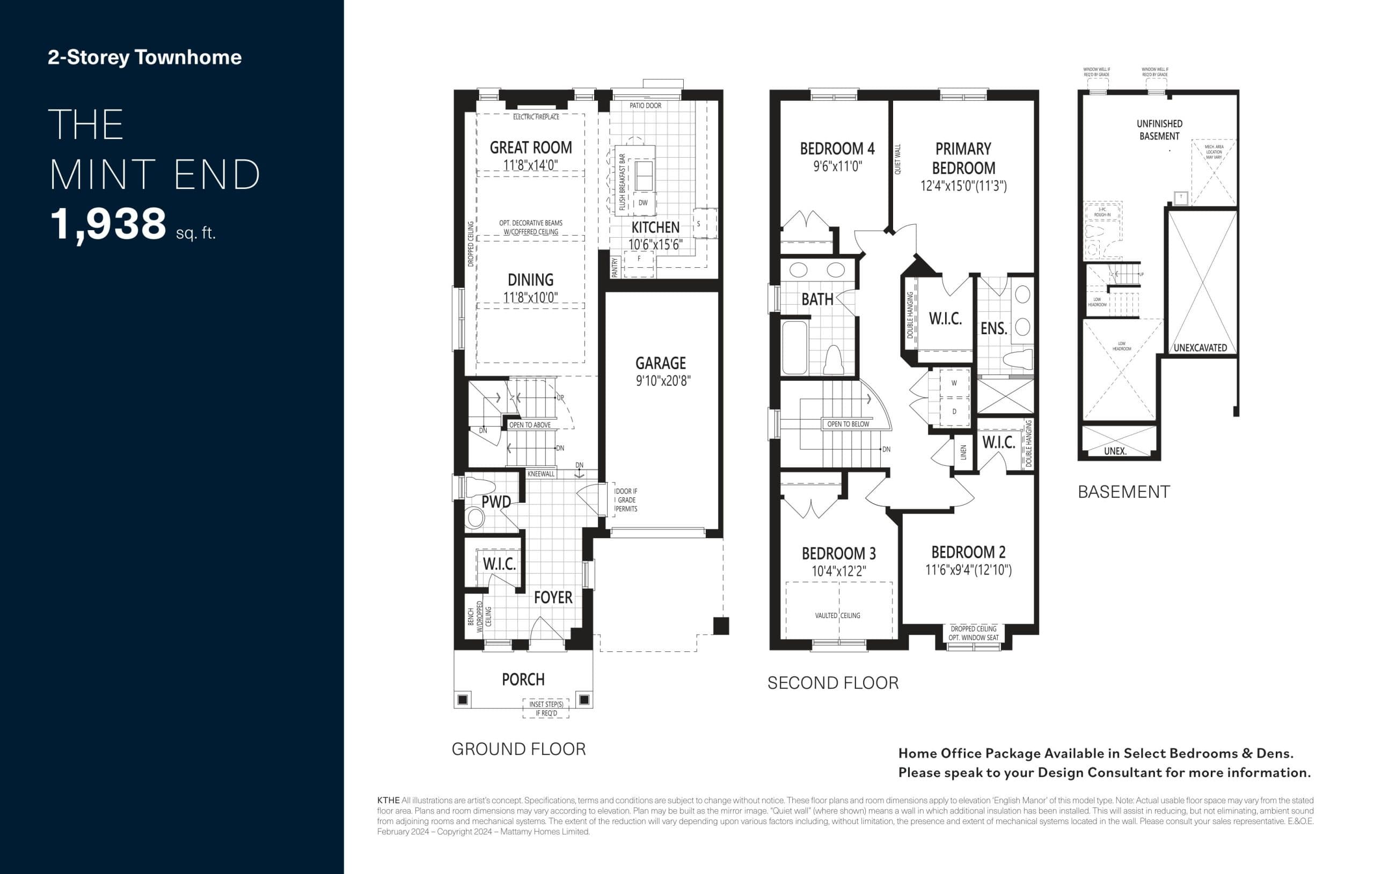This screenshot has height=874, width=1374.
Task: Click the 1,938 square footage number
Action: pos(108,224)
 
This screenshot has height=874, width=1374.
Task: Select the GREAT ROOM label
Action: pos(530,148)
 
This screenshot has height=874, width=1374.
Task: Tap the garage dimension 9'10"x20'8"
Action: pos(663,380)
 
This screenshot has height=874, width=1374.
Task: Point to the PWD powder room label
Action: pos(496,502)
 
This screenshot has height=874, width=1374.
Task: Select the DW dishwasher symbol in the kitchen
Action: pos(642,202)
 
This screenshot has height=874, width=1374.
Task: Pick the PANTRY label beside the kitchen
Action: pos(615,267)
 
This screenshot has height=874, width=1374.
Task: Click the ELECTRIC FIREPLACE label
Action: pos(536,117)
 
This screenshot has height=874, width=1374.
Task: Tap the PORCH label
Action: pos(523,679)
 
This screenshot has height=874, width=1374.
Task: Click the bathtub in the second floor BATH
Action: pos(794,348)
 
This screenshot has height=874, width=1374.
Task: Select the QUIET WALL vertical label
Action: pos(897,159)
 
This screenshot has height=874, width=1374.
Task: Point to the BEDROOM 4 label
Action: pos(837,149)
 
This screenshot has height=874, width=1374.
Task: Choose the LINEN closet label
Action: pos(964,452)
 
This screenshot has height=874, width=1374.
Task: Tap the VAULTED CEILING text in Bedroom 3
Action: pos(837,615)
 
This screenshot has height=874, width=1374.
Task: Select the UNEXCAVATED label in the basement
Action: pos(1200,348)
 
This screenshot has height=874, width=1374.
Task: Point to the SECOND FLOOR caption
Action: pos(832,683)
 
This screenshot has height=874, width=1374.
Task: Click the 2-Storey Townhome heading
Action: pos(144,57)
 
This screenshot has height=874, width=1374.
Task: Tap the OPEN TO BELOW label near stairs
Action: pos(848,424)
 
